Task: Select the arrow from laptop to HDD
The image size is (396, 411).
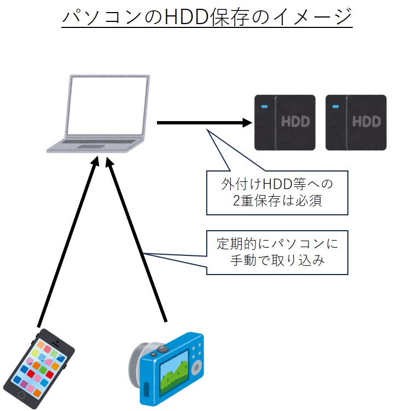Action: (202, 123)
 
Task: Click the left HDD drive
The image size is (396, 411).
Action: (285, 122)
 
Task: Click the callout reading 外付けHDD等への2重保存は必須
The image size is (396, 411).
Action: (277, 192)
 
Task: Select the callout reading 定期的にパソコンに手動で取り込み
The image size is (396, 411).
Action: (277, 252)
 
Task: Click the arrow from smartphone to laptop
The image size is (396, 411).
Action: (67, 241)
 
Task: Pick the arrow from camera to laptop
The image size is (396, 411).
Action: (137, 241)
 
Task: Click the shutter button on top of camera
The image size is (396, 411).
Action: (162, 349)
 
